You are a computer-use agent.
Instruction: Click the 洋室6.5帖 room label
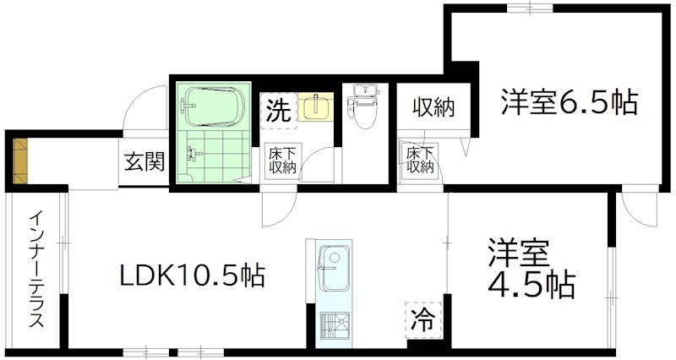(x=568, y=103)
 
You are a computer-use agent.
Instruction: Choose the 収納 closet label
(x=433, y=108)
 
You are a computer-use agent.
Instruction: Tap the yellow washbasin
(x=318, y=107)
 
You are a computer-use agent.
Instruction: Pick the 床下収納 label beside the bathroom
(x=281, y=161)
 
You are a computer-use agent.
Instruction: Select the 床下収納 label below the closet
(x=418, y=160)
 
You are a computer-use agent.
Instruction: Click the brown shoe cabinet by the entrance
(x=20, y=161)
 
